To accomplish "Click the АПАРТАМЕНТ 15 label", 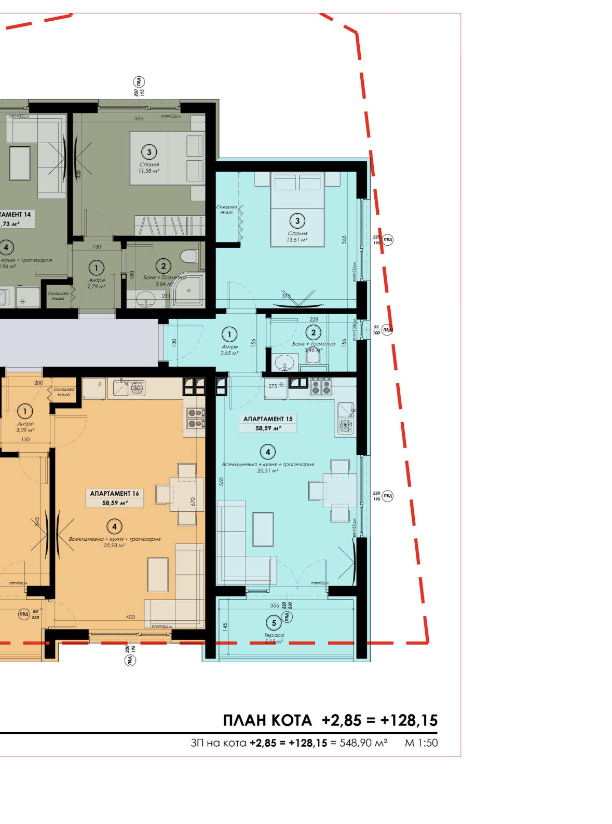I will point(268,418).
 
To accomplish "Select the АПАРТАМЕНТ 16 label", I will point(115,493).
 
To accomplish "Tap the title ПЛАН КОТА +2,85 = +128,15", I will point(330,720).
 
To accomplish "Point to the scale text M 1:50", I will point(421,743).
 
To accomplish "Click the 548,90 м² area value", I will point(363,743).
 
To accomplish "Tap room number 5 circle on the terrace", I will point(274,623).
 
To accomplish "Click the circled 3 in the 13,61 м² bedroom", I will point(297,221).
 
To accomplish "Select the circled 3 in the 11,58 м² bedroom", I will point(149,152).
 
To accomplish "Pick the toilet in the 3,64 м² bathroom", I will point(189,256).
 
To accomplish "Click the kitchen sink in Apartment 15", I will point(346,411).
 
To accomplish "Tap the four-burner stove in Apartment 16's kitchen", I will point(195,418).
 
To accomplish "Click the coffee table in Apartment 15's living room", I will point(263,529).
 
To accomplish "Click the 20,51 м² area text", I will point(268,471).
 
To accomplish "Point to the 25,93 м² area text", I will point(115,546).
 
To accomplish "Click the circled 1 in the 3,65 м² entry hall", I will point(229,334).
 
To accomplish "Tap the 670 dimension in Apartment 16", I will point(193,501).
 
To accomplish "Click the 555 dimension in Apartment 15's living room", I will point(221,481).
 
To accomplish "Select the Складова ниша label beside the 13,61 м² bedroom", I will point(227,210).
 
